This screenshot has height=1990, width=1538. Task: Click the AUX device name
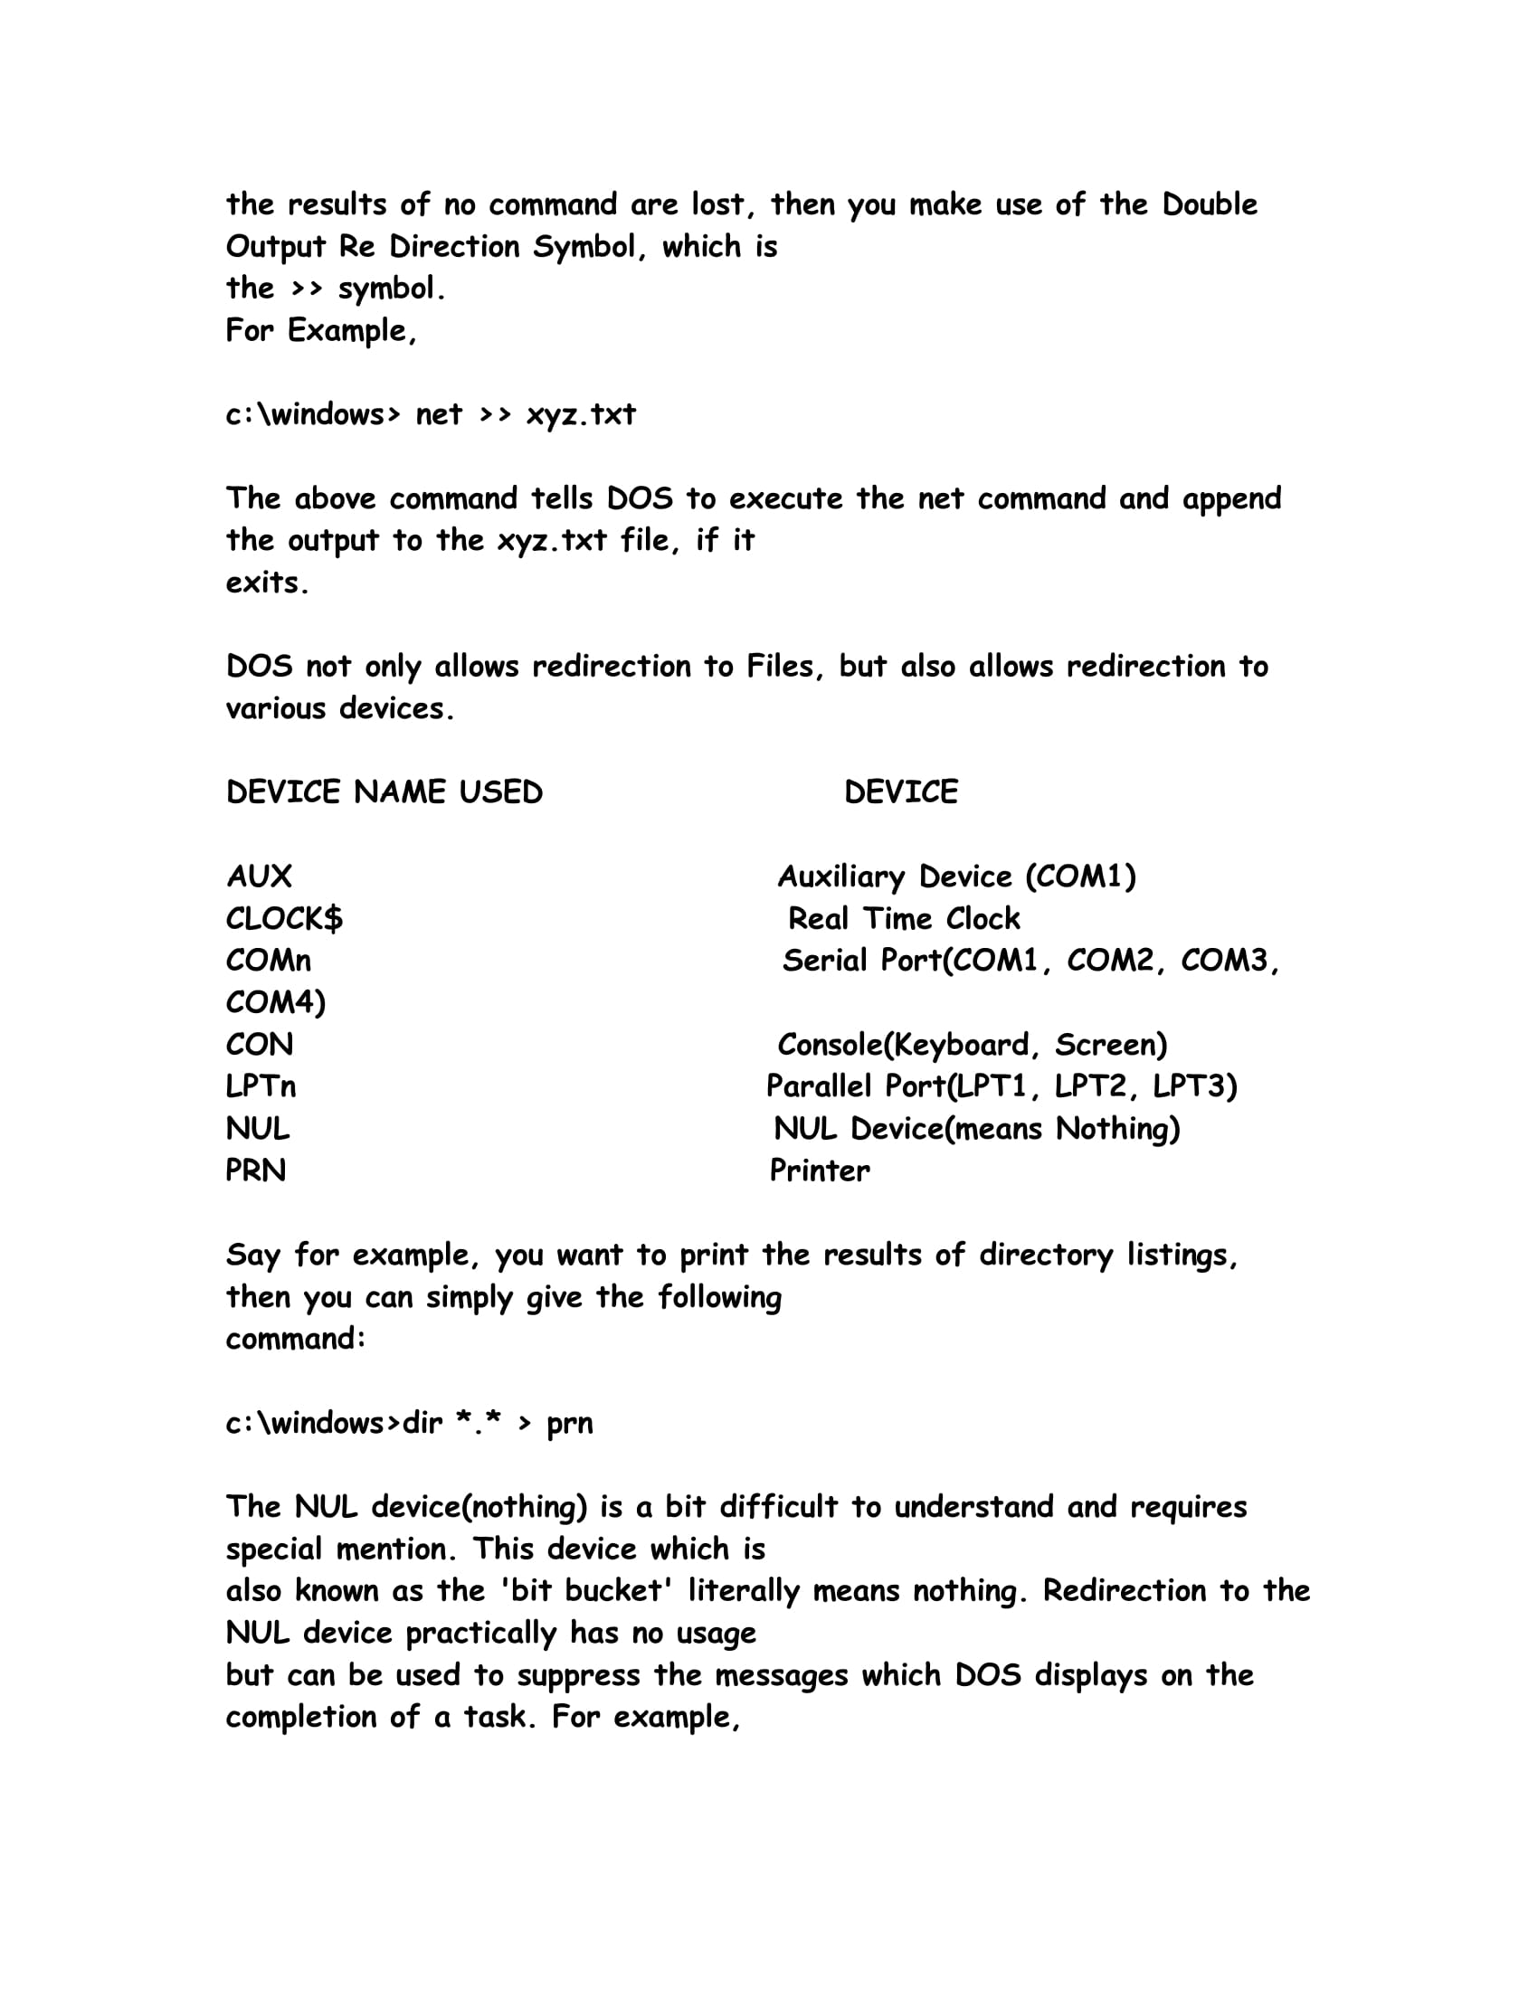(x=260, y=877)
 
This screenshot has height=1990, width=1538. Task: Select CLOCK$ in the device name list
(x=284, y=918)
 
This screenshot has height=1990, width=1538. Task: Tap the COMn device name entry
(x=269, y=961)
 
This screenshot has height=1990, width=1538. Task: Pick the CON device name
(x=260, y=1045)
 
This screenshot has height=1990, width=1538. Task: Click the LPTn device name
(x=261, y=1087)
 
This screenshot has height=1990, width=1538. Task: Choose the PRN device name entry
(x=256, y=1170)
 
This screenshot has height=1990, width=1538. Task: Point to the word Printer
(x=820, y=1170)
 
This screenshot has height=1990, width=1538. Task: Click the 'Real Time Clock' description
(x=904, y=918)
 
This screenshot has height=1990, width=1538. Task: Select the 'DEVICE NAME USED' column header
(x=384, y=791)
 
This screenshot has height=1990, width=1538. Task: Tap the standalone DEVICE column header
(x=901, y=791)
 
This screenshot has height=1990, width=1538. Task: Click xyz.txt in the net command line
(x=582, y=414)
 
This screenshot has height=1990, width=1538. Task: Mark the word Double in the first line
(x=1209, y=204)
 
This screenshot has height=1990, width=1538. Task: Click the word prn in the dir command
(x=569, y=1423)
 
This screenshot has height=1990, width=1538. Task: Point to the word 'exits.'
(x=267, y=583)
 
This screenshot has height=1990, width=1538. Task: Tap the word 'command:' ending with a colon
(x=296, y=1340)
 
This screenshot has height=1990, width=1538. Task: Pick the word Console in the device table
(x=830, y=1045)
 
